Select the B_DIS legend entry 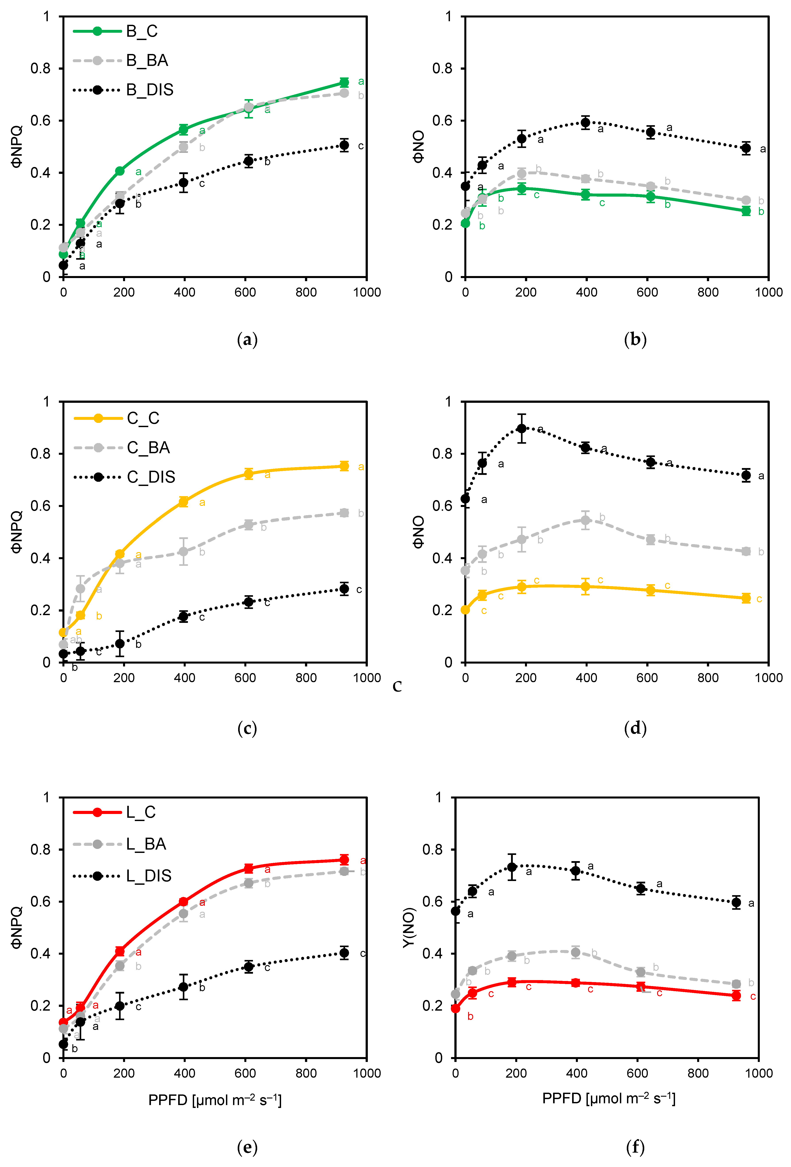[x=149, y=90]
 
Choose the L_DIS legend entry [x=148, y=876]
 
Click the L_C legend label [x=141, y=812]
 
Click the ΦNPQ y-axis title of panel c [x=17, y=532]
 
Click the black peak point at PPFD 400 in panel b [x=585, y=123]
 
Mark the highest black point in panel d [x=522, y=428]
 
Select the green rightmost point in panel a [x=344, y=82]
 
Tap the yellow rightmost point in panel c [x=344, y=466]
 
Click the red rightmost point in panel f [x=736, y=995]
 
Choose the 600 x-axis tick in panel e [x=245, y=1073]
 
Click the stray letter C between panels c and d [x=397, y=686]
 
